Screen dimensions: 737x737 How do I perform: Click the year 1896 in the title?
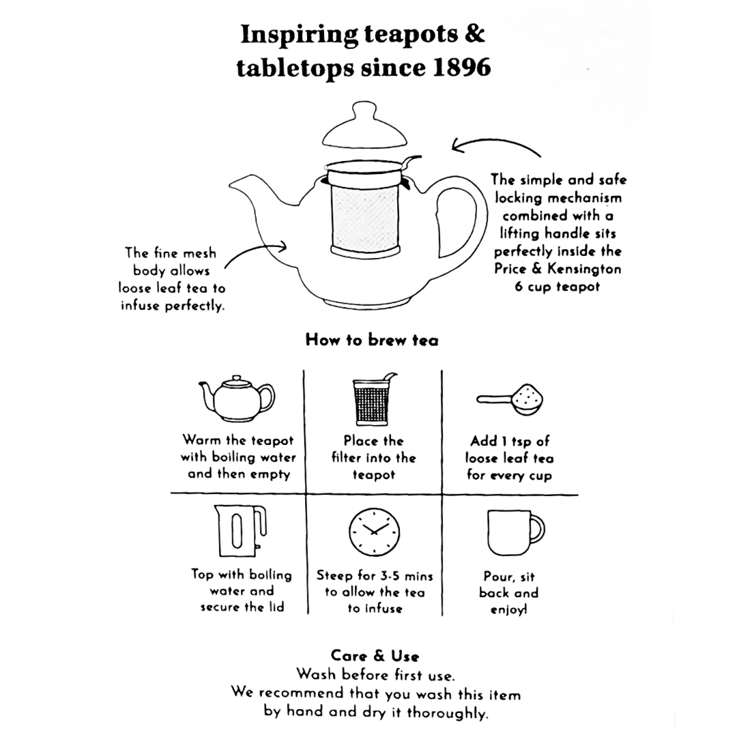[457, 68]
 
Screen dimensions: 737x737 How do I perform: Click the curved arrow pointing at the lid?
[495, 146]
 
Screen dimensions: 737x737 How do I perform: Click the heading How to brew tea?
[372, 340]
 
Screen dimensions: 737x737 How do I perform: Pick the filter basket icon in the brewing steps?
[373, 400]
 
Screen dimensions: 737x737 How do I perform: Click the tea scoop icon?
[509, 399]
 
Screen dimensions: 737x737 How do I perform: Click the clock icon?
[374, 531]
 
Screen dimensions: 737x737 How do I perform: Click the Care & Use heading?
[375, 656]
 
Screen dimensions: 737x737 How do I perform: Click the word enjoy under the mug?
[508, 609]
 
